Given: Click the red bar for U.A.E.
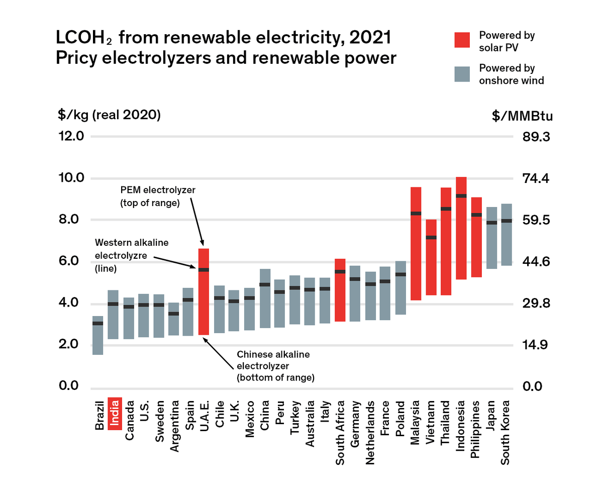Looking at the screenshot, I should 204,291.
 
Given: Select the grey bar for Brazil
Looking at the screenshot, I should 98,335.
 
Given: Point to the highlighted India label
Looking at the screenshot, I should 115,413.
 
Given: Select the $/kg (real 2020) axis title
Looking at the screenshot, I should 109,115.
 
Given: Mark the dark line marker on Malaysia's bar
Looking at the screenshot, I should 416,213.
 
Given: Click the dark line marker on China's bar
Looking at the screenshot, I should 265,284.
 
